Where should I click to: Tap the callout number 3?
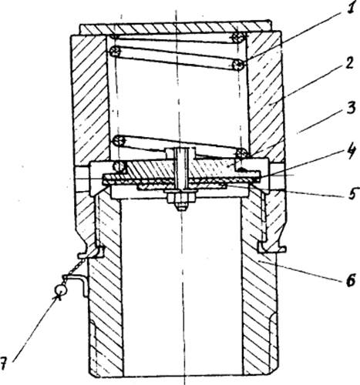pyautogui.click(x=350, y=108)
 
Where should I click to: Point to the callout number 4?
pyautogui.click(x=350, y=152)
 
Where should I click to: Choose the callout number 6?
pyautogui.click(x=350, y=280)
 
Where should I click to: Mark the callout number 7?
pyautogui.click(x=3, y=363)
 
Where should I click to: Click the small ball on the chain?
pyautogui.click(x=61, y=290)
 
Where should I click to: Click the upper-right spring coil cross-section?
pyautogui.click(x=237, y=38)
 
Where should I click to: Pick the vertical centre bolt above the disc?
pyautogui.click(x=181, y=169)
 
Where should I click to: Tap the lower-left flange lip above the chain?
pyautogui.click(x=92, y=253)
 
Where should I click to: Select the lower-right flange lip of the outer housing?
pyautogui.click(x=272, y=247)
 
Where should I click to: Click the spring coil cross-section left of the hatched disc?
pyautogui.click(x=119, y=166)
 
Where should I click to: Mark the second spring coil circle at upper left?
pyautogui.click(x=115, y=52)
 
